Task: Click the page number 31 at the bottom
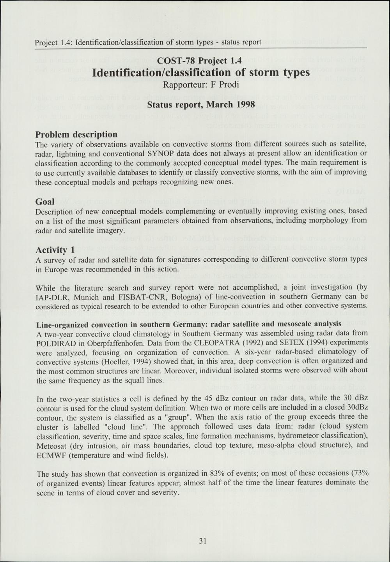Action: click(x=202, y=541)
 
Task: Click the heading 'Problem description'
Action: click(x=76, y=134)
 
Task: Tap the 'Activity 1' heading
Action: click(x=55, y=250)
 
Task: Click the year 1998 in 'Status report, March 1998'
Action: click(x=246, y=105)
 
